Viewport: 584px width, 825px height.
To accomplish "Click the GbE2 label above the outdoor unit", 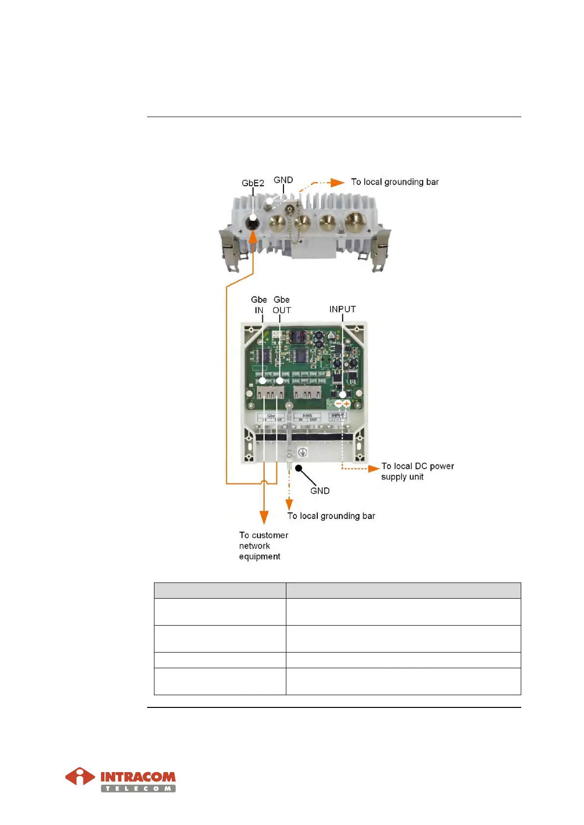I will [253, 183].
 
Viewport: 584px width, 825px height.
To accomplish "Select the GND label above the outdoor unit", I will [283, 180].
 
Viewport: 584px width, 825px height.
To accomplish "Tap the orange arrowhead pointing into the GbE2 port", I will [253, 237].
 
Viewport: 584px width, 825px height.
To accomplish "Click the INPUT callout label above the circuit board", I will [342, 309].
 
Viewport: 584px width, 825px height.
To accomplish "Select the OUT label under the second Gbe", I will [281, 310].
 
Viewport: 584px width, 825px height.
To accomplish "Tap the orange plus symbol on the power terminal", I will [347, 404].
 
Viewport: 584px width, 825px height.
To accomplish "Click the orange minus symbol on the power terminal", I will [338, 404].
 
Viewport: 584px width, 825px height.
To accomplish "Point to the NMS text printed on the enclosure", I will [307, 415].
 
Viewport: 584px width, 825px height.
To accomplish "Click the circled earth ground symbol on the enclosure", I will [303, 452].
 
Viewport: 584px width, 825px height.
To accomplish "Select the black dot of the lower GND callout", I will [298, 468].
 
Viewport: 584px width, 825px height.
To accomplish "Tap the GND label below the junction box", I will [320, 490].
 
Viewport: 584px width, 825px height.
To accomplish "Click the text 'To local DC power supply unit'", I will [417, 471].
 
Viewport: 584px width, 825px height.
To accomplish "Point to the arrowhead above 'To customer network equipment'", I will [264, 517].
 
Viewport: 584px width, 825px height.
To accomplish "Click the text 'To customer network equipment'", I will [263, 546].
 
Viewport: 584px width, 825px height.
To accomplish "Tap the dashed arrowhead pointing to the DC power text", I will [374, 469].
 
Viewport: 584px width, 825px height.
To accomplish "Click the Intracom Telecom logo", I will [121, 779].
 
